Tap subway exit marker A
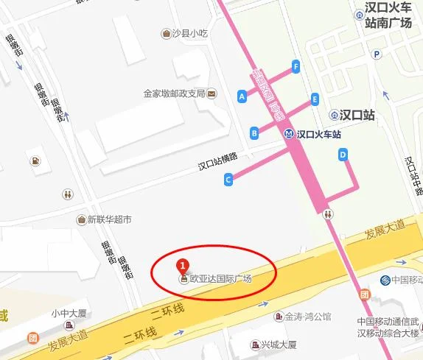242,96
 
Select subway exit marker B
254,133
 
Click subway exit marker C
228,179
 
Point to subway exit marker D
343,154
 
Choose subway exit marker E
315,99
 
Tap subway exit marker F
296,66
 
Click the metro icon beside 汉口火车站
289,135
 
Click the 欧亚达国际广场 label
220,279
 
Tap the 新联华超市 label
109,219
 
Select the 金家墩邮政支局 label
174,93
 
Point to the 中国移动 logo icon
385,280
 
